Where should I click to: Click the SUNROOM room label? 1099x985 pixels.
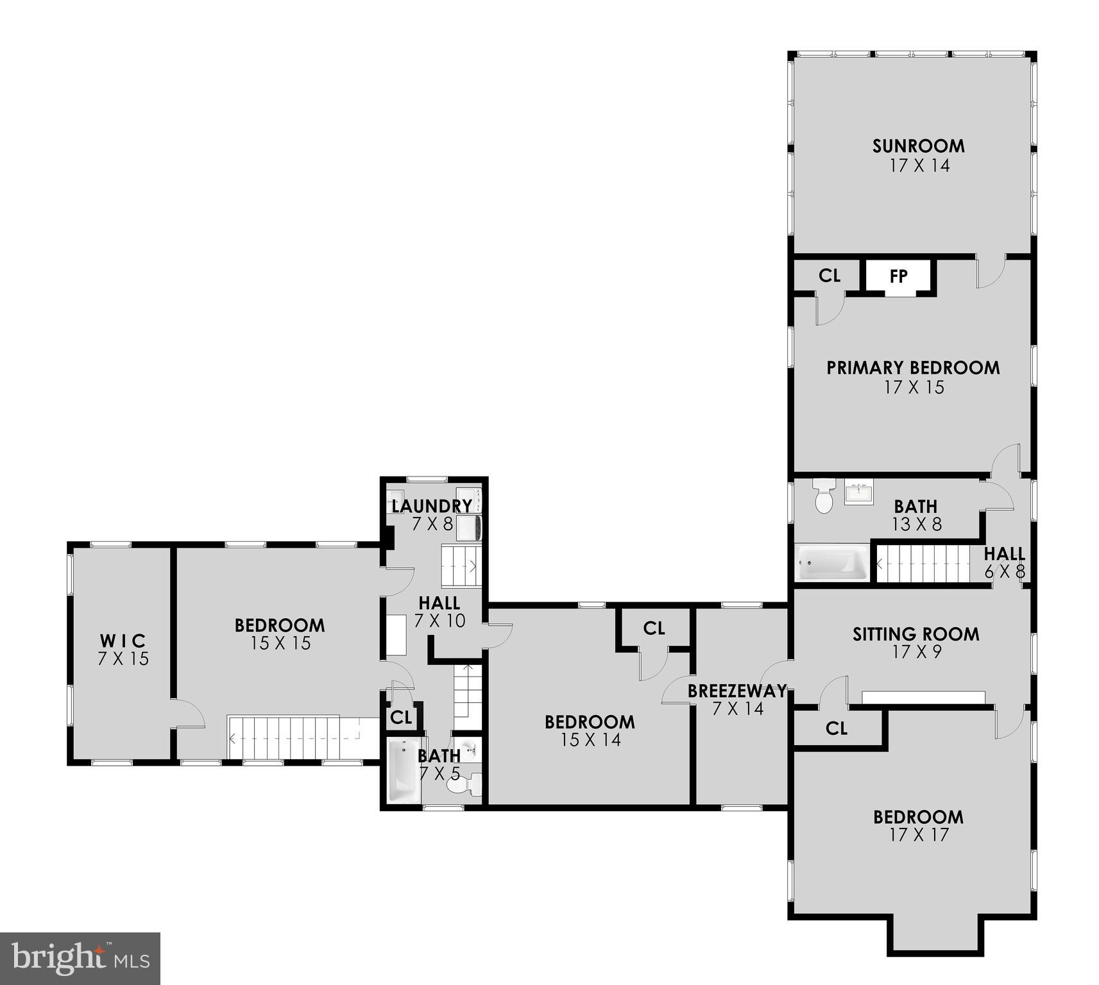[918, 146]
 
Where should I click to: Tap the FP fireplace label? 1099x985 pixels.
[898, 276]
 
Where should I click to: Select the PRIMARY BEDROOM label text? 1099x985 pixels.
[913, 367]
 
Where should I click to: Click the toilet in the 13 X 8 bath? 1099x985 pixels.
[823, 495]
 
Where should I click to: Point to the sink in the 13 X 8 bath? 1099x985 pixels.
[858, 492]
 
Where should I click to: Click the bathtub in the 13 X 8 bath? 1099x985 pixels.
[832, 563]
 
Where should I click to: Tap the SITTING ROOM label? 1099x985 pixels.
[916, 634]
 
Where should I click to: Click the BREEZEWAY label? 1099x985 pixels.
[737, 691]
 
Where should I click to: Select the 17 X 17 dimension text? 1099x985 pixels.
[919, 835]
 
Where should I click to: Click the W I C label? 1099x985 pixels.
[123, 640]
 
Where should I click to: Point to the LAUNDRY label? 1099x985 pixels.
[431, 506]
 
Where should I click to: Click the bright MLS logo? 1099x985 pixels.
[80, 958]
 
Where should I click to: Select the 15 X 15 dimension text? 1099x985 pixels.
[280, 643]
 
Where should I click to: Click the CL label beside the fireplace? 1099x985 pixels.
[829, 276]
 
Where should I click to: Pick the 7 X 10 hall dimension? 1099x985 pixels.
[439, 621]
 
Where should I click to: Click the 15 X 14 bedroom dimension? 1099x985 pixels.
[590, 740]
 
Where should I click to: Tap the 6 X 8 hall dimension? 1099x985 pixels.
[1005, 571]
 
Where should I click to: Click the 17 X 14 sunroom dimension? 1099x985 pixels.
[919, 165]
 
